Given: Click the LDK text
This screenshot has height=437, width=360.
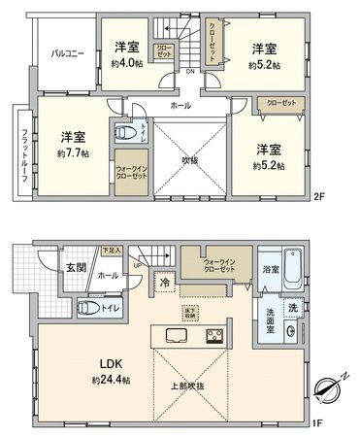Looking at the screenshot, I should (x=108, y=365).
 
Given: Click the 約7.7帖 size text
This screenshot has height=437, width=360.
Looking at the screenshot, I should (x=73, y=153).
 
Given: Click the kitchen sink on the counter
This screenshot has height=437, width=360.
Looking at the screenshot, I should (x=177, y=336).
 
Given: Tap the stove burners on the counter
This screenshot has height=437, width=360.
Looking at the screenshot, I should (x=213, y=336).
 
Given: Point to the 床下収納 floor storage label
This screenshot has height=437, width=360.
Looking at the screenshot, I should (x=190, y=314).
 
